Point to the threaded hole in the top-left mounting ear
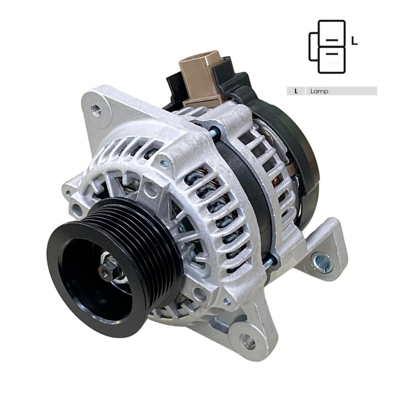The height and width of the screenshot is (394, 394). (x=96, y=110)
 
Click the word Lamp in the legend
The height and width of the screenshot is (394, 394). (x=320, y=91)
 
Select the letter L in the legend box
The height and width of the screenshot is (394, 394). (x=296, y=91)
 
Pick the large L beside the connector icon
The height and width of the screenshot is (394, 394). (x=355, y=41)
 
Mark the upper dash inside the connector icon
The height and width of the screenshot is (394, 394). (x=332, y=40)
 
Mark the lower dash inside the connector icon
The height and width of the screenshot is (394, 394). (x=332, y=53)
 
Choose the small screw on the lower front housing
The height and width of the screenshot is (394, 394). (x=227, y=301)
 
